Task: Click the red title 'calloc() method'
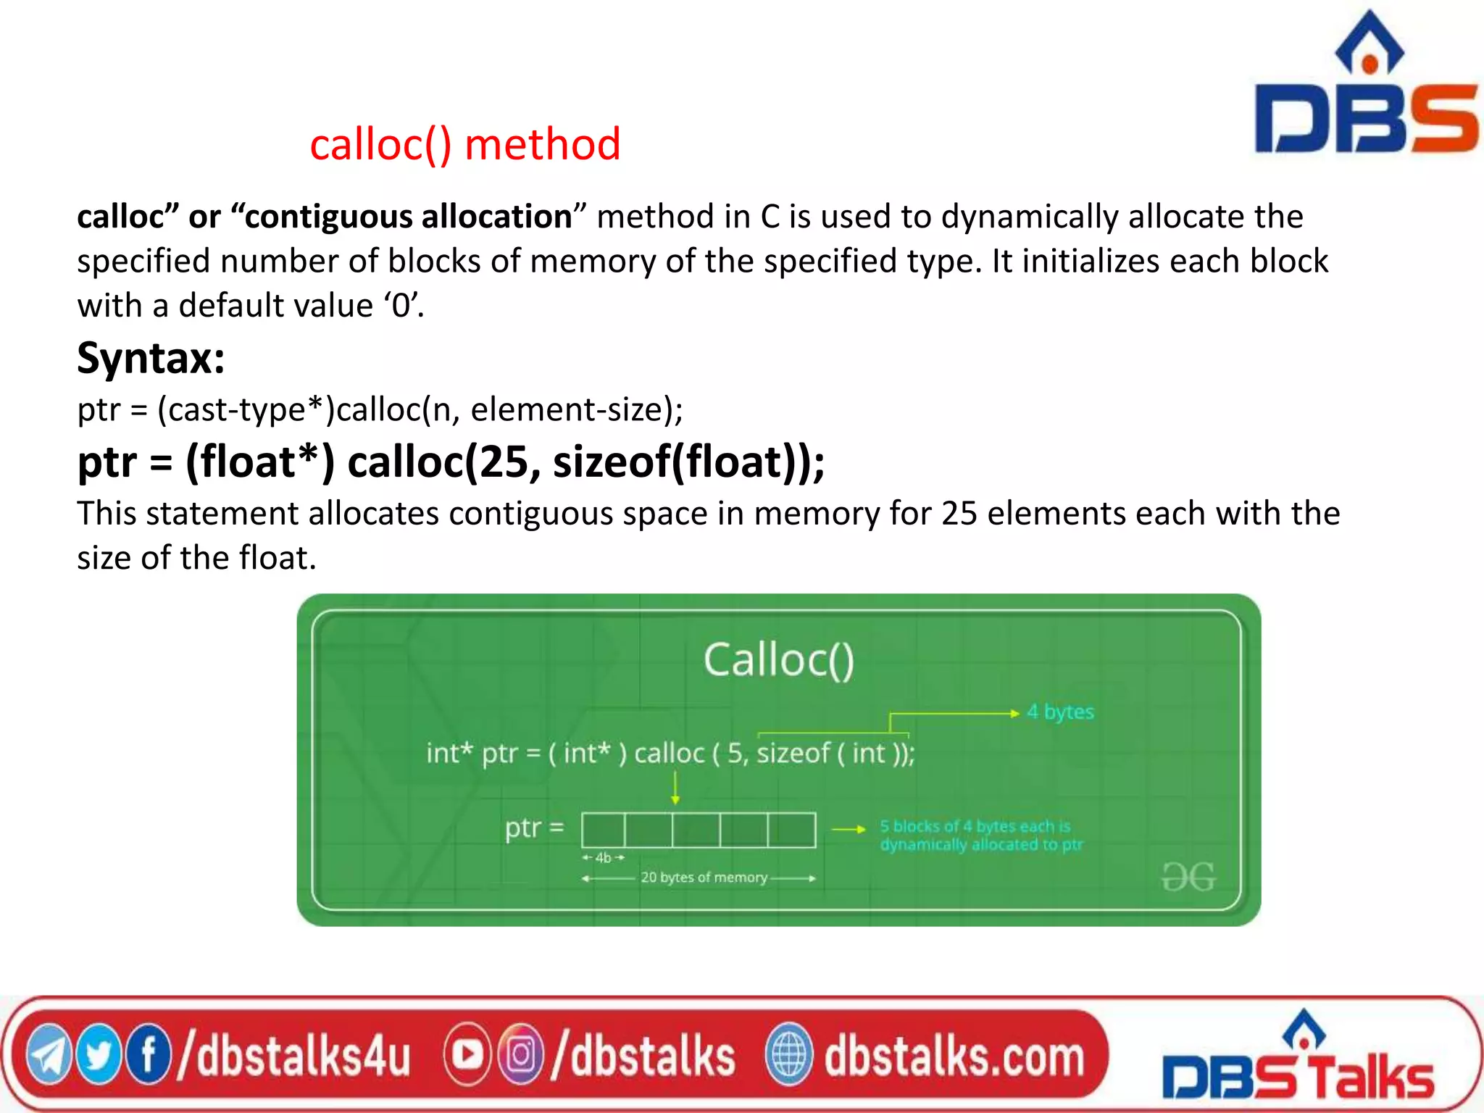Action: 464,144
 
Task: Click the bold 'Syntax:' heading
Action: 151,357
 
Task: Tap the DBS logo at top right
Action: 1365,87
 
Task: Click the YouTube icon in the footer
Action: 467,1055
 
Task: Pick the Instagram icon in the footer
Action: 520,1055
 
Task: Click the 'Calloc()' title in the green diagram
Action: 779,660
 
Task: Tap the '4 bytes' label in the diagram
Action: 1060,712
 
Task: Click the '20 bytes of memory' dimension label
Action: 704,878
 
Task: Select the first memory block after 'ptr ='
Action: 603,830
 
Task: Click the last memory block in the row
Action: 791,830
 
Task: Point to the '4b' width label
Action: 603,858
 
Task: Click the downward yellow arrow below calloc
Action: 675,788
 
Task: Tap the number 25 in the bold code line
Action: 502,462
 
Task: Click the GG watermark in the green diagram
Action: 1188,877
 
